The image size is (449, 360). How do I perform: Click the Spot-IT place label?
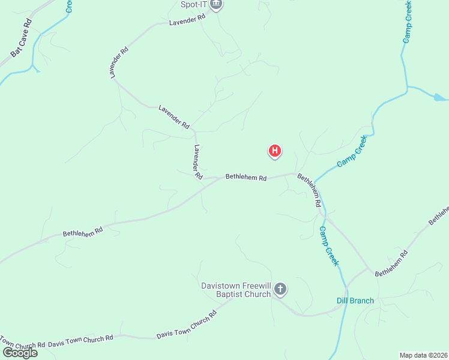pos(193,5)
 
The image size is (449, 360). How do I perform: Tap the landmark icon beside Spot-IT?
pos(216,5)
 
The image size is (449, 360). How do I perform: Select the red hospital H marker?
pos(274,151)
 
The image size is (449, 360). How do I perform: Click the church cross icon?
pos(280,290)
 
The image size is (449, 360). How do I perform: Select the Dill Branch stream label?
pos(355,301)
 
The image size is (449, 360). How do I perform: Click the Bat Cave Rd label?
pos(20,40)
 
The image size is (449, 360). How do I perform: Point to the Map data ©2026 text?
pos(423,355)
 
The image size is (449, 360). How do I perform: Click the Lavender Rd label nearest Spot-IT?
pos(187,20)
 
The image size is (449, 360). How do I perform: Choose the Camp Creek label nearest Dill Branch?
pos(329,246)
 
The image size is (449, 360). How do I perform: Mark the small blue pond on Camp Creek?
pos(440,97)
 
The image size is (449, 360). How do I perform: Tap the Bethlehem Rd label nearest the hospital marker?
pos(246,178)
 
